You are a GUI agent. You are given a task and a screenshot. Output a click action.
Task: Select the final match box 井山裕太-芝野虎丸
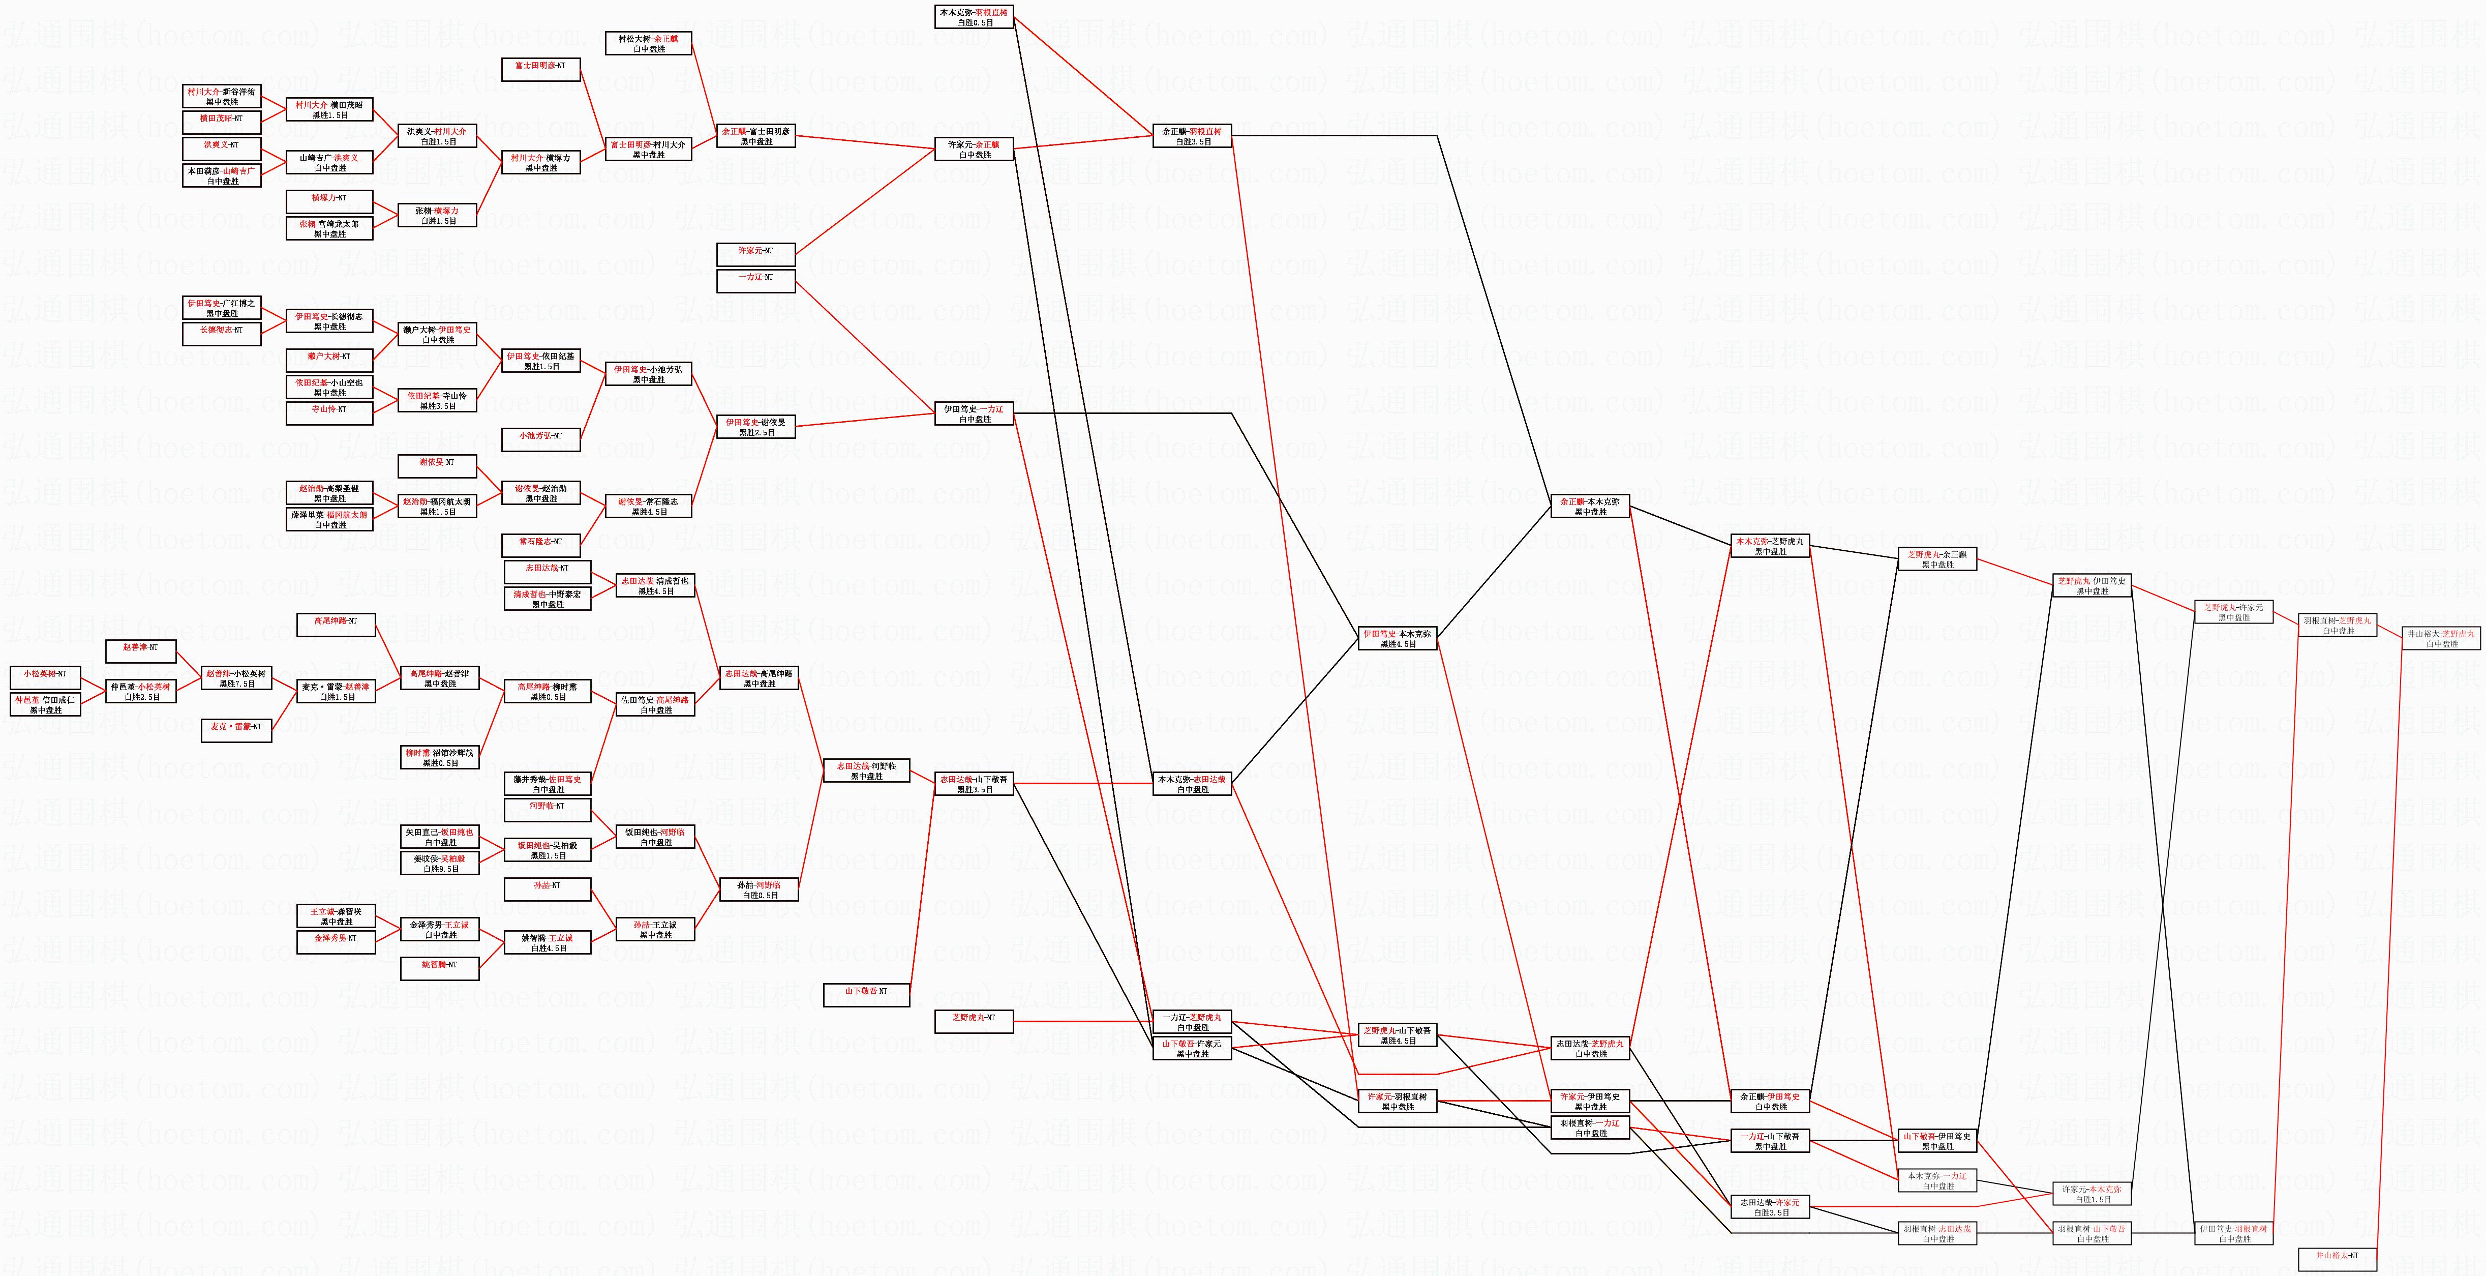2441,638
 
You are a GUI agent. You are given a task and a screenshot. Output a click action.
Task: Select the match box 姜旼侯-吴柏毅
440,863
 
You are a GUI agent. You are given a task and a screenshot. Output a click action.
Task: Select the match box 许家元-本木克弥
2091,1194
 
